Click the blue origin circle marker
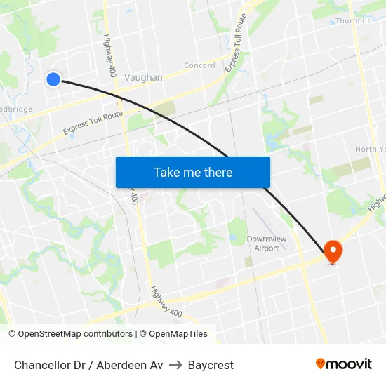[x=53, y=79]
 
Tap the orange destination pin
[x=332, y=251]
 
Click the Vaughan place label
[x=143, y=78]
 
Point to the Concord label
[x=199, y=66]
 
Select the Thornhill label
[x=352, y=21]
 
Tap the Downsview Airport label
[x=267, y=244]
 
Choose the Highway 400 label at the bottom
[x=166, y=300]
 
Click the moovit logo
[x=343, y=364]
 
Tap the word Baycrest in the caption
[x=211, y=365]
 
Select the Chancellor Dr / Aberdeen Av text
[x=88, y=365]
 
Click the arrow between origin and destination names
[x=175, y=365]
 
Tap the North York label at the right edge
[x=370, y=149]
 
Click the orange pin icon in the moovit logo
[x=321, y=364]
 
